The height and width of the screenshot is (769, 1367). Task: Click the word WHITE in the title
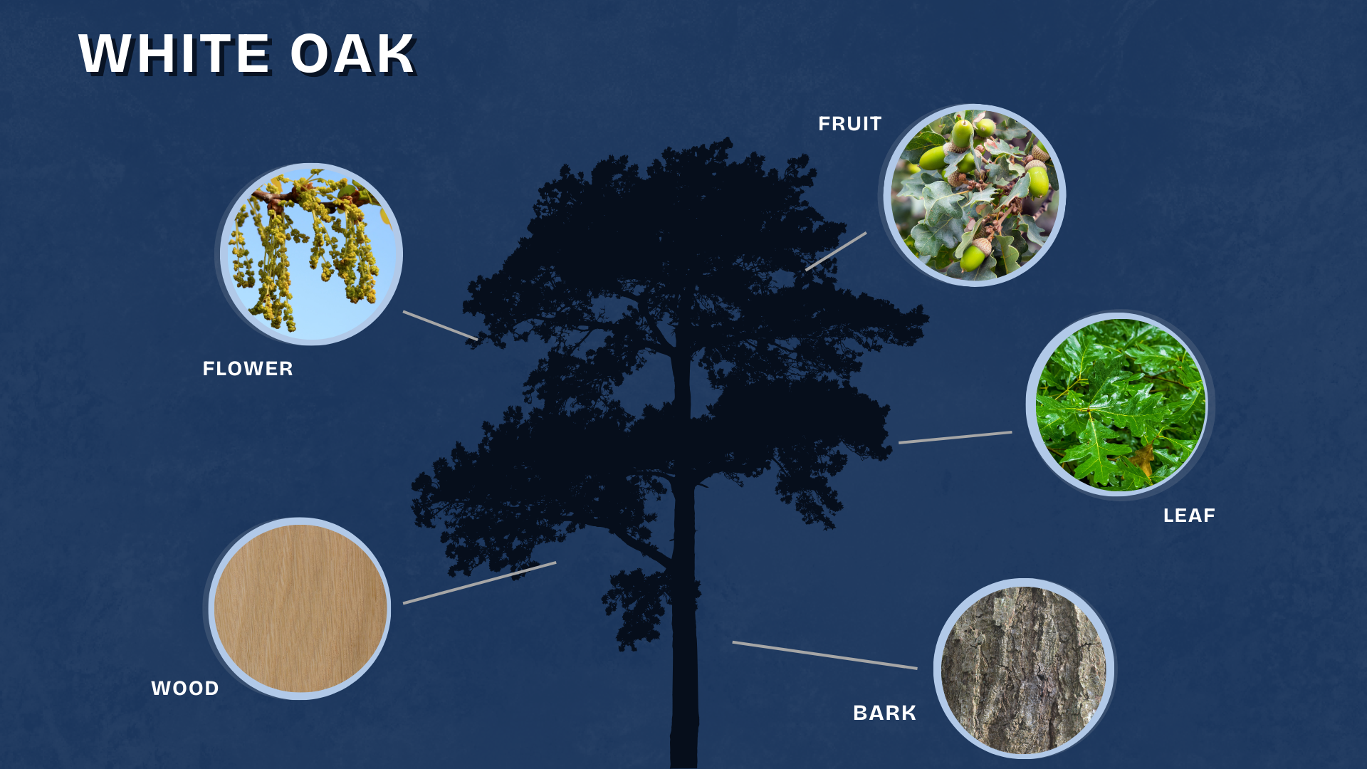pyautogui.click(x=174, y=54)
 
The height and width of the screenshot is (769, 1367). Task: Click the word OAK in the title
pyautogui.click(x=352, y=54)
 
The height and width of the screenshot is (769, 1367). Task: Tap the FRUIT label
pyautogui.click(x=850, y=124)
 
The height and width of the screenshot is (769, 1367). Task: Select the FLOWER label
pyautogui.click(x=248, y=369)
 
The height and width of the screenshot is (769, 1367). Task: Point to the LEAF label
pyautogui.click(x=1189, y=516)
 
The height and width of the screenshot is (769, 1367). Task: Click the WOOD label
pyautogui.click(x=185, y=689)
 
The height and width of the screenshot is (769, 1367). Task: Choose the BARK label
pyautogui.click(x=885, y=713)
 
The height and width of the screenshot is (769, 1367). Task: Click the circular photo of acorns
pyautogui.click(x=974, y=195)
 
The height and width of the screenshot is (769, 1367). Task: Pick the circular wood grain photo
pyautogui.click(x=300, y=609)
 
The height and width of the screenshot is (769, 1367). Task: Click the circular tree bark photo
pyautogui.click(x=1024, y=669)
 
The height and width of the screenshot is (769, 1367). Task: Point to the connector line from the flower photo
pyautogui.click(x=441, y=325)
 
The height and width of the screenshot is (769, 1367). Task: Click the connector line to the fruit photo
pyautogui.click(x=836, y=251)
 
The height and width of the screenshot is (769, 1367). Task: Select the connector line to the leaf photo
pyautogui.click(x=955, y=437)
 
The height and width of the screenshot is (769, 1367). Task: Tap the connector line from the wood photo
pyautogui.click(x=479, y=583)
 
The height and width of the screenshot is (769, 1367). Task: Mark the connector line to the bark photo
pyautogui.click(x=824, y=655)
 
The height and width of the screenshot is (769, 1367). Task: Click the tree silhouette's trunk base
pyautogui.click(x=683, y=755)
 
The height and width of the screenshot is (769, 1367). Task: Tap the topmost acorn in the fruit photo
pyautogui.click(x=962, y=133)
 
